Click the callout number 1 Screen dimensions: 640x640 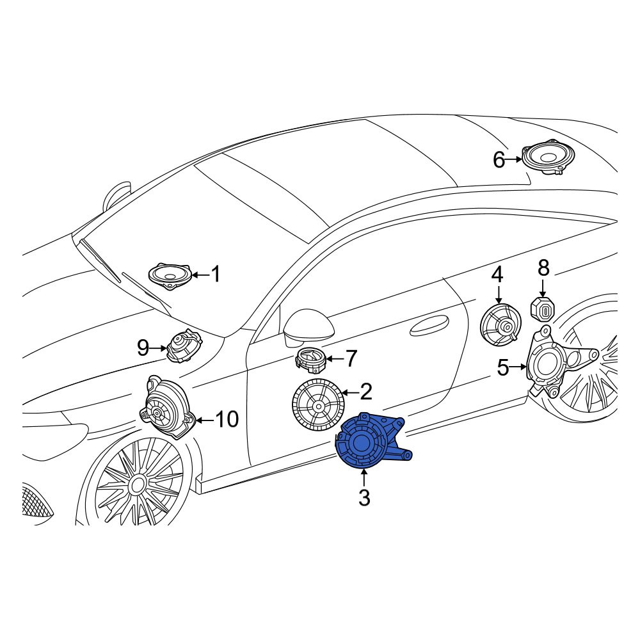click(215, 274)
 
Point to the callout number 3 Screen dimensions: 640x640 click(364, 498)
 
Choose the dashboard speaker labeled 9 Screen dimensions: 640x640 click(184, 346)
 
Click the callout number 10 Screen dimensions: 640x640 click(227, 419)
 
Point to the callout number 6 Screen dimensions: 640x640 click(499, 159)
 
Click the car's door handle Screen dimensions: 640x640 click(429, 325)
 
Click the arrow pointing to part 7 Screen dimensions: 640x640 click(335, 359)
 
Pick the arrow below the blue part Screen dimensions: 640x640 click(364, 478)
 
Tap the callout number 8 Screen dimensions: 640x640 click(543, 268)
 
